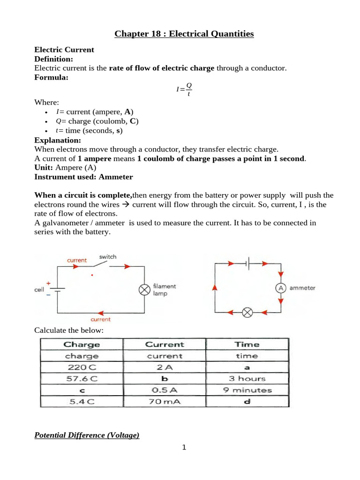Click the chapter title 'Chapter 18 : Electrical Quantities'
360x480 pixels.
(184, 34)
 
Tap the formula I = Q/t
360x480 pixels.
(184, 89)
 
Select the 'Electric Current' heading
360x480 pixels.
(64, 50)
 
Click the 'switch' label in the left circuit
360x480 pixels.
(108, 257)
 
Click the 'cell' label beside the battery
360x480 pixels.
(39, 290)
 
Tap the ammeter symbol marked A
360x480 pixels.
(281, 288)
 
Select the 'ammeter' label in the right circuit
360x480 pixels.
(302, 288)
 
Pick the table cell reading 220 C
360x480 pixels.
(82, 367)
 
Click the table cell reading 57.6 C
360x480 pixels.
(82, 379)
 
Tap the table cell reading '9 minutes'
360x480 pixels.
(247, 390)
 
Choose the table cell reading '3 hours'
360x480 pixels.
(247, 379)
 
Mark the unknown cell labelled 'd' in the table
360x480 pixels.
(247, 402)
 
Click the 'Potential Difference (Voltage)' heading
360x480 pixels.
(87, 435)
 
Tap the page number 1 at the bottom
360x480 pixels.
(184, 448)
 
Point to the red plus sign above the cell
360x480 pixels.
(48, 283)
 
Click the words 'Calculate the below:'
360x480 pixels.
(68, 330)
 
